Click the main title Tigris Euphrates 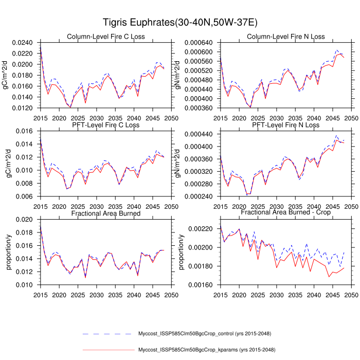pyautogui.click(x=180, y=23)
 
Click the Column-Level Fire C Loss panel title pyautogui.click(x=106, y=37)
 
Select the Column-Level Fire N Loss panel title pyautogui.click(x=286, y=37)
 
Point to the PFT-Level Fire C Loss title pyautogui.click(x=106, y=125)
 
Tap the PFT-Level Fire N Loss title pyautogui.click(x=286, y=125)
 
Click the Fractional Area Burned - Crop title pyautogui.click(x=286, y=213)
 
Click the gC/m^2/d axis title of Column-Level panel pyautogui.click(x=6, y=75)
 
